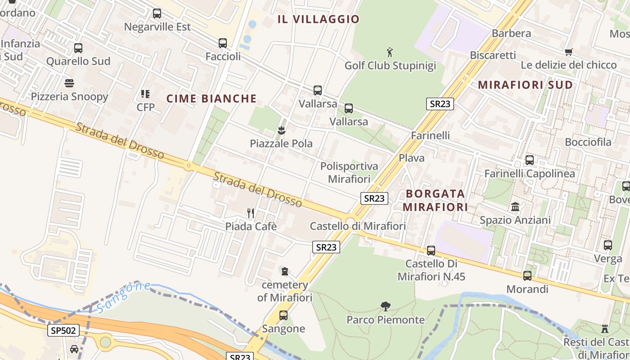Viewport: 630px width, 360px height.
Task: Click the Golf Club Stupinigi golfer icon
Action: click(390, 53)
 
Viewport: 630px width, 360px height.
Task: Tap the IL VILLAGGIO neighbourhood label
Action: click(319, 19)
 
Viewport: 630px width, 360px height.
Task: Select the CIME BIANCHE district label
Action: click(211, 99)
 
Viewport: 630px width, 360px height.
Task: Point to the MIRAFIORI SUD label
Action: click(525, 85)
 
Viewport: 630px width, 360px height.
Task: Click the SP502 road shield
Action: click(63, 331)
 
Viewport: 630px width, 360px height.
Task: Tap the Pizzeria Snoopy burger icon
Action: click(69, 83)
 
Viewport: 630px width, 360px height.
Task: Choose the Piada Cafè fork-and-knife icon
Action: click(251, 213)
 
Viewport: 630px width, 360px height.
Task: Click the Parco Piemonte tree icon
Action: click(385, 306)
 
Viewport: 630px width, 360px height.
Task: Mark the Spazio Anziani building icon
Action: click(515, 207)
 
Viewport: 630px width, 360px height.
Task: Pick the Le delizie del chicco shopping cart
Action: click(568, 52)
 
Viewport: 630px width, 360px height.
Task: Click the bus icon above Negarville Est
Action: click(157, 13)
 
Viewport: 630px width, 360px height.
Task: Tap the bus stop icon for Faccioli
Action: click(223, 43)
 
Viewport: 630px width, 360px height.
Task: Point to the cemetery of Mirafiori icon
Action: click(284, 271)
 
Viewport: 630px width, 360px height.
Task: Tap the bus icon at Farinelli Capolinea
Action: click(530, 160)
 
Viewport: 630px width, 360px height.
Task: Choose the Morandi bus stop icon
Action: click(527, 276)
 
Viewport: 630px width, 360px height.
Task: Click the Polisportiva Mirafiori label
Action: click(349, 173)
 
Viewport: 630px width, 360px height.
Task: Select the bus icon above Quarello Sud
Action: click(78, 48)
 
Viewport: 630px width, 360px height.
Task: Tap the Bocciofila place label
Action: click(588, 142)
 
